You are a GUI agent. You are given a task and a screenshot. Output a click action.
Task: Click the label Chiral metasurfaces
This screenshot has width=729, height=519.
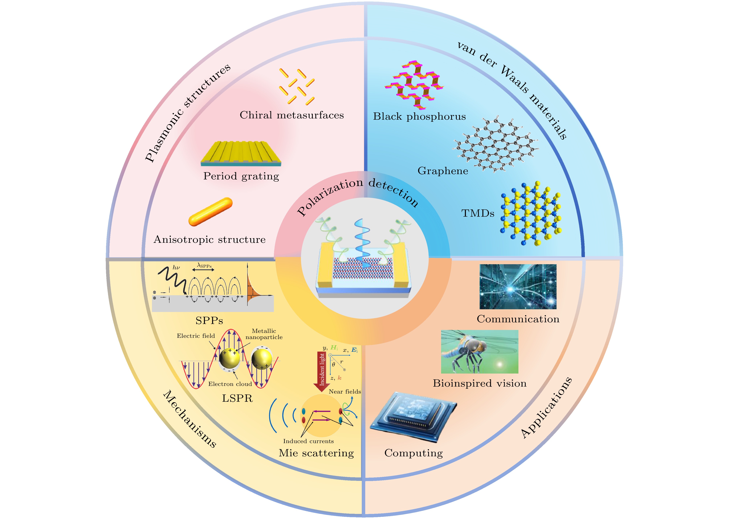pos(292,115)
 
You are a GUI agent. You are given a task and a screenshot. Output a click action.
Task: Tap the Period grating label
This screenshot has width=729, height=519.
pos(241,176)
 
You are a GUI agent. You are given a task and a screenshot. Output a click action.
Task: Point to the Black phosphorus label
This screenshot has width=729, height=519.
pos(419,116)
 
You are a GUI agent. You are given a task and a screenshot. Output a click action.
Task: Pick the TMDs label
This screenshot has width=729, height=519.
pos(478,213)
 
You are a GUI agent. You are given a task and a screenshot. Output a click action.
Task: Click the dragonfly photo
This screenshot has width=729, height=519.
pos(479,352)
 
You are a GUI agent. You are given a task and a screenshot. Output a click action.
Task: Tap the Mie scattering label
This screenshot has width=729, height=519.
pos(316,453)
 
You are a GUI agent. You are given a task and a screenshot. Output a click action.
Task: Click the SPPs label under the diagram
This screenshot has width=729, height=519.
pos(209,320)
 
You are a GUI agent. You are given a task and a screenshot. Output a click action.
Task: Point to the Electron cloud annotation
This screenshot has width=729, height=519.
pos(230,384)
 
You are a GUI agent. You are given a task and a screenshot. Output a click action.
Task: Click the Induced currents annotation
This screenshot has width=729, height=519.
pos(308,441)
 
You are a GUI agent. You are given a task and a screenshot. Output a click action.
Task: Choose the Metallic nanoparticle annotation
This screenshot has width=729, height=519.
pos(264,334)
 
